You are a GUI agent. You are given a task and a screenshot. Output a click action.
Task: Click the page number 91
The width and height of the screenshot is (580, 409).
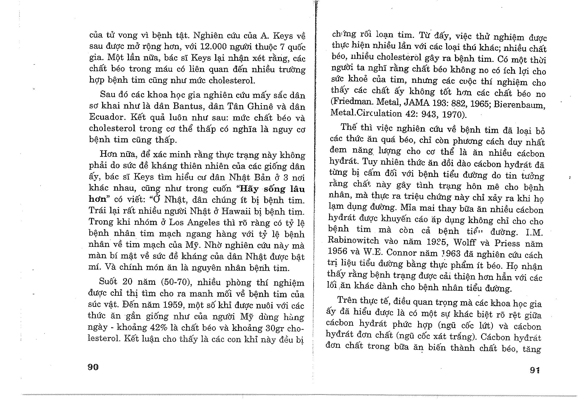pyautogui.click(x=535, y=370)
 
